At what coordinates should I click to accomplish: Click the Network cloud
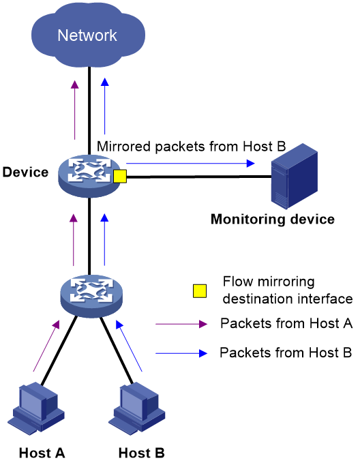[x=88, y=35]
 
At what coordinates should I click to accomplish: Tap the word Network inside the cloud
[x=87, y=35]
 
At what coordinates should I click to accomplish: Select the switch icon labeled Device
[x=89, y=176]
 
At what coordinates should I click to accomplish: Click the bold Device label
[x=25, y=172]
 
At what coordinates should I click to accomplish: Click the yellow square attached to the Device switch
[x=120, y=176]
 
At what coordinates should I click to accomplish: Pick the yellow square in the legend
[x=200, y=291]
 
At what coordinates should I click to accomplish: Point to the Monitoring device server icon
[x=295, y=176]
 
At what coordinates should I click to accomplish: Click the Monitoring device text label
[x=273, y=220]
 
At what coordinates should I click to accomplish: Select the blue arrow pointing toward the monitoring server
[x=190, y=163]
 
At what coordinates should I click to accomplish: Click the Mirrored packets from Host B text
[x=192, y=147]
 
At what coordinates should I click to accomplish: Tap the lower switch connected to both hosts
[x=91, y=296]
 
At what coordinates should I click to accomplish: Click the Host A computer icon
[x=36, y=408]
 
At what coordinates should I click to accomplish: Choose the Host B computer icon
[x=137, y=408]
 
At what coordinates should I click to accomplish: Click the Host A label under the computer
[x=42, y=453]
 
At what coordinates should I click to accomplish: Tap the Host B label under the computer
[x=141, y=453]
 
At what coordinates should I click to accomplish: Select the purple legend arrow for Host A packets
[x=181, y=324]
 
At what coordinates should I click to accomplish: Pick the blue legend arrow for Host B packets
[x=181, y=353]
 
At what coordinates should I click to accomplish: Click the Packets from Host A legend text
[x=286, y=323]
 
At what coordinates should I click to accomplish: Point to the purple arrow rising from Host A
[x=46, y=346]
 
